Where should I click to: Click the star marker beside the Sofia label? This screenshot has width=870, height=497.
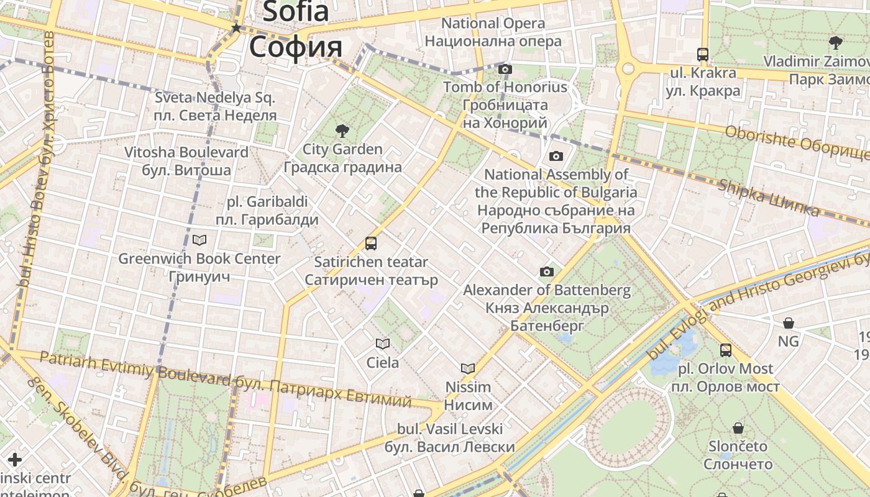(x=236, y=28)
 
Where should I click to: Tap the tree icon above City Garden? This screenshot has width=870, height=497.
(x=342, y=130)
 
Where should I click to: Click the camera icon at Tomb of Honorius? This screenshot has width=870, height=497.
(x=505, y=69)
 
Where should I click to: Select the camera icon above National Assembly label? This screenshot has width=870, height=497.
(x=556, y=156)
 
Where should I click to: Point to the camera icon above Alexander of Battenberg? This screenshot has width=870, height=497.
(x=547, y=271)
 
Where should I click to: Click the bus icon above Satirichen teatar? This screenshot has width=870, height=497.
(x=371, y=243)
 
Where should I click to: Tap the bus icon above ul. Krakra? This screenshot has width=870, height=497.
(x=703, y=55)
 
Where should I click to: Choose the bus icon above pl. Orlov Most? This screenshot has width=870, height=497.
(x=726, y=350)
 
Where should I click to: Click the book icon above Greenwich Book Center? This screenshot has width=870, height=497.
(x=199, y=240)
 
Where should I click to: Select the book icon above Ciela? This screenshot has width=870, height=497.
(x=383, y=344)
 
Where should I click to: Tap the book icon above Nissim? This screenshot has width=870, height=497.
(x=468, y=368)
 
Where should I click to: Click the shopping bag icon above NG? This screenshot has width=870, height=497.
(x=789, y=323)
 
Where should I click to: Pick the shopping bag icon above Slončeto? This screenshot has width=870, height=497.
(x=738, y=428)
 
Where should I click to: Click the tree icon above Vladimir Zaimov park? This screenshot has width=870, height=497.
(x=835, y=43)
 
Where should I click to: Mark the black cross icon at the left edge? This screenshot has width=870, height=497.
(x=14, y=460)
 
